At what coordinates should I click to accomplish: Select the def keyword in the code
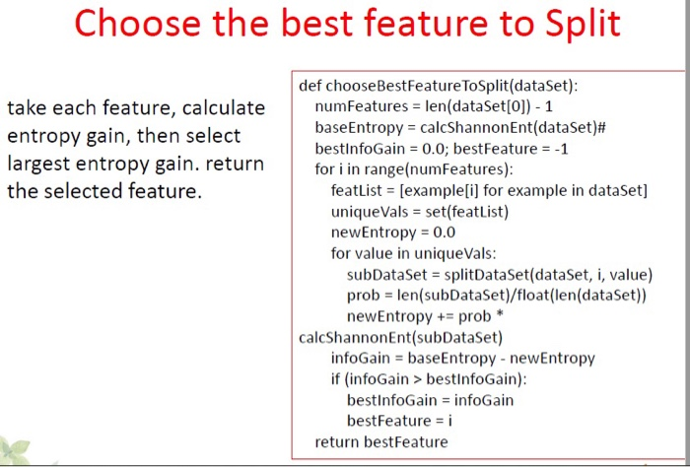(310, 86)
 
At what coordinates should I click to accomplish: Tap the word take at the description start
(27, 107)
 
